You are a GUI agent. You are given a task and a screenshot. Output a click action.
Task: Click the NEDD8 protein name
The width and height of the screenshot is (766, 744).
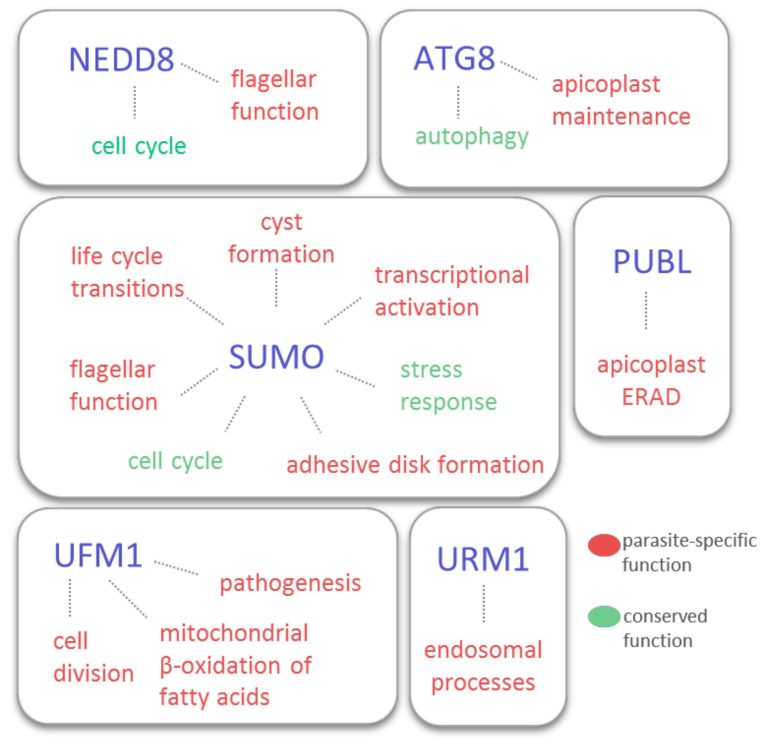coord(121,60)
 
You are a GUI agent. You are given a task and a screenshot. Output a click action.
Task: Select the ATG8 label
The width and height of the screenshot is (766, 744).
coord(454,59)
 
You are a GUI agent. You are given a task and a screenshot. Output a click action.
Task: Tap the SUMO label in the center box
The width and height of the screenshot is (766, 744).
coord(276,357)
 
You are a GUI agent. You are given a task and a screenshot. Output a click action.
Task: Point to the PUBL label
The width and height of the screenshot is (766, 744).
coord(652,262)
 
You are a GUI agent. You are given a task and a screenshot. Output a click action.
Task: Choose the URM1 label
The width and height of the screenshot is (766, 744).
coord(483,559)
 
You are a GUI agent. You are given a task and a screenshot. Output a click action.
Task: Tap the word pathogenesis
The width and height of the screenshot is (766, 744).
coord(290,584)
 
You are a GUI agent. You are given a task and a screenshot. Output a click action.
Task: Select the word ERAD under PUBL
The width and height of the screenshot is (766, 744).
coord(651,397)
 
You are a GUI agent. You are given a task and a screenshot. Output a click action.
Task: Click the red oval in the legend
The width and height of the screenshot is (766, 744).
coord(604,545)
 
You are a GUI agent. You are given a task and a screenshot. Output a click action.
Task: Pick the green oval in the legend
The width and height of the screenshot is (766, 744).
coord(604,617)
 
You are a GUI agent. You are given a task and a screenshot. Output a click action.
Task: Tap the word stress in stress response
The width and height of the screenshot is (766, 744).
coord(431,369)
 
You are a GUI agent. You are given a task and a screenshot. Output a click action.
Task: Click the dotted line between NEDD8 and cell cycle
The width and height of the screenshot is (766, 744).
coord(135,103)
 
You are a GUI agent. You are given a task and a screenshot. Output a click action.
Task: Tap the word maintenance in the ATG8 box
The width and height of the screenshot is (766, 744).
coord(621,117)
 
